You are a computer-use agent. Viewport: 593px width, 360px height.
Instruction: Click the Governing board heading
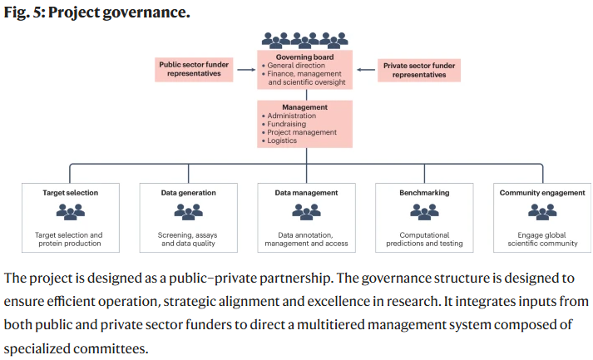pyautogui.click(x=304, y=57)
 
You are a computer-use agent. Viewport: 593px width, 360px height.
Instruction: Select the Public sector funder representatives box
pyautogui.click(x=194, y=69)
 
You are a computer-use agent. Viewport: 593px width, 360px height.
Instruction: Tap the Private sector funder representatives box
pyautogui.click(x=419, y=70)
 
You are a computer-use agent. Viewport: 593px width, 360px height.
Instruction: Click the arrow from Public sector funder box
pyautogui.click(x=246, y=70)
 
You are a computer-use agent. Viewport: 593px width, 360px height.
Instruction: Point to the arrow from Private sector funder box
pyautogui.click(x=366, y=70)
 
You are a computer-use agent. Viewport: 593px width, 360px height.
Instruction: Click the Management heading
pyautogui.click(x=305, y=107)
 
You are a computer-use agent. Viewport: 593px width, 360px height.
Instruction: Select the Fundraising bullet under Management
pyautogui.click(x=284, y=124)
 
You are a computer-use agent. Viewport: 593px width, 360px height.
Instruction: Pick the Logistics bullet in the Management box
pyautogui.click(x=279, y=141)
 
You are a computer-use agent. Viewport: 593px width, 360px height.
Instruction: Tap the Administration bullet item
pyautogui.click(x=289, y=116)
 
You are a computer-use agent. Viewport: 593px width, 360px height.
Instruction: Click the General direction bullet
pyautogui.click(x=294, y=66)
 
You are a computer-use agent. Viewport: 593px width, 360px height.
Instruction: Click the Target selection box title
pyautogui.click(x=71, y=193)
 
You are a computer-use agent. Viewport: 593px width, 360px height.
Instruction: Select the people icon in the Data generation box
pyautogui.click(x=188, y=211)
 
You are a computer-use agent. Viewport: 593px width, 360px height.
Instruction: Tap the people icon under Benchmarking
pyautogui.click(x=424, y=211)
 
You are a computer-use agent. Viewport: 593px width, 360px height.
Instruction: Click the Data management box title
pyautogui.click(x=306, y=193)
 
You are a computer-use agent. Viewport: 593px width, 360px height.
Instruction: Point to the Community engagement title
pyautogui.click(x=542, y=193)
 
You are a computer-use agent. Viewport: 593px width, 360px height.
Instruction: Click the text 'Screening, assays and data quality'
pyautogui.click(x=188, y=239)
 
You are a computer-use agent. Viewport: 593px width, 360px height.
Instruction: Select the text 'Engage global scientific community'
pyautogui.click(x=542, y=239)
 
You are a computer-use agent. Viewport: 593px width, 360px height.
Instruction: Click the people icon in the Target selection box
pyautogui.click(x=71, y=211)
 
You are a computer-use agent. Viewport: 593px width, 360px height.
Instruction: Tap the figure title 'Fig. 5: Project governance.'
pyautogui.click(x=96, y=12)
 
